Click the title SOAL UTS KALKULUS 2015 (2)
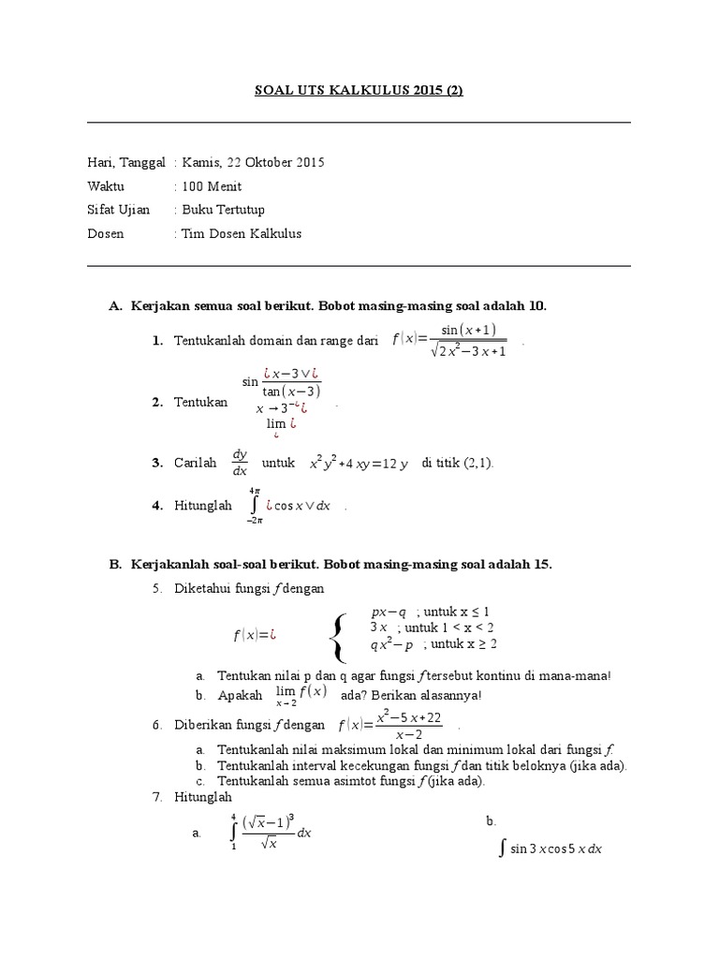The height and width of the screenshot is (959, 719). [359, 90]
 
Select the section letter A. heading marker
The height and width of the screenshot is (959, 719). [116, 305]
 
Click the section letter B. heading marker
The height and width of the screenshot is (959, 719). [116, 564]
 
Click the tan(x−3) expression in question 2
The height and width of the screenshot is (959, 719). [291, 391]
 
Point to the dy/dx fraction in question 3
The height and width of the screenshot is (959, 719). [240, 463]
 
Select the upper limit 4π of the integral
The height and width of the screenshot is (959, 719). [254, 490]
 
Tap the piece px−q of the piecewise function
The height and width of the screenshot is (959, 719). [389, 612]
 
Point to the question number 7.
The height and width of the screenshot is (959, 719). [157, 797]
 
